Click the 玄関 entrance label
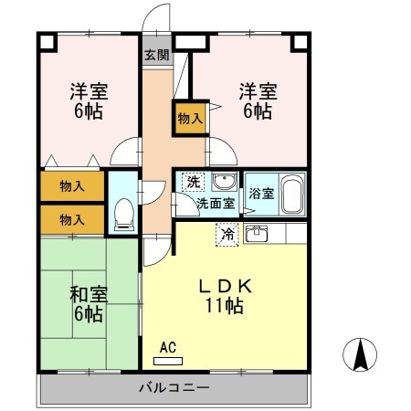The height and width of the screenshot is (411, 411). (x=157, y=55)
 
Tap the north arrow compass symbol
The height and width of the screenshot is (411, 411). (x=360, y=354)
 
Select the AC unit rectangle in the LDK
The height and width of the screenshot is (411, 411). (x=168, y=361)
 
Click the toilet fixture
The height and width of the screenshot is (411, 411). (x=123, y=215)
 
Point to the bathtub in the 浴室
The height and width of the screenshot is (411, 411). (x=292, y=195)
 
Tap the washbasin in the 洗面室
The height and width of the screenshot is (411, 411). (x=225, y=182)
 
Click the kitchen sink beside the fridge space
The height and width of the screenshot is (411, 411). (x=257, y=234)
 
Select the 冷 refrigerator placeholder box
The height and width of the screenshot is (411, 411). (x=227, y=235)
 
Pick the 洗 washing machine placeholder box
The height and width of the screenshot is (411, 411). (x=193, y=182)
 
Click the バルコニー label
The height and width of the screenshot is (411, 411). (x=174, y=388)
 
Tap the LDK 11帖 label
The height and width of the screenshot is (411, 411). (x=225, y=296)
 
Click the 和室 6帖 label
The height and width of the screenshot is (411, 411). (x=89, y=304)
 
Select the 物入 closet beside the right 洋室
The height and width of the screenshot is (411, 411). (x=190, y=118)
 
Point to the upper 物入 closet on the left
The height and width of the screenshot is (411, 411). (x=72, y=186)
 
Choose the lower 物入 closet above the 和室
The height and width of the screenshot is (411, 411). (x=72, y=219)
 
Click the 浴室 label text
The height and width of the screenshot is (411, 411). (x=261, y=194)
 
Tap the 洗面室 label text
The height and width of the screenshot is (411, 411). (x=216, y=203)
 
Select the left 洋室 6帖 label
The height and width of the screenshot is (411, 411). (x=89, y=101)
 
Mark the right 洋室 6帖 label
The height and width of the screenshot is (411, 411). (x=258, y=101)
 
